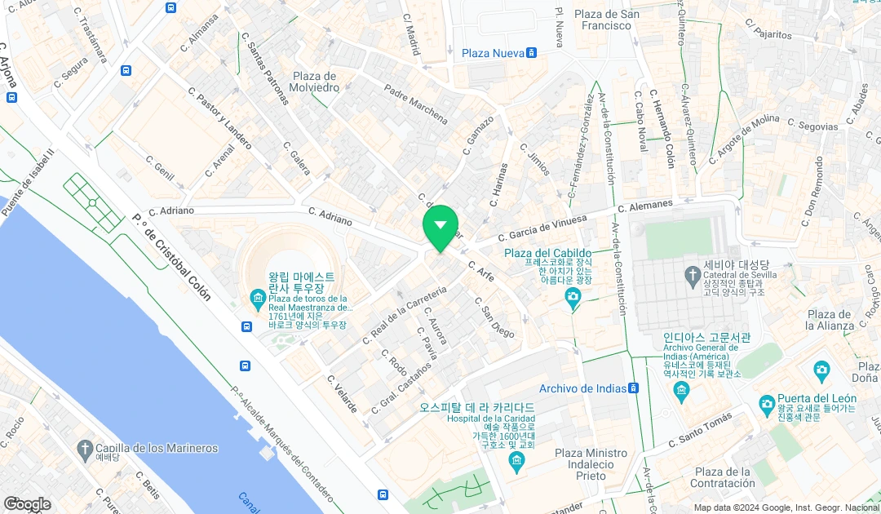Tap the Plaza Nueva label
tap(492, 53)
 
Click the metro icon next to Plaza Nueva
tap(532, 53)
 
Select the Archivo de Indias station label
tap(582, 388)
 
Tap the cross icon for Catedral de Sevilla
tap(693, 273)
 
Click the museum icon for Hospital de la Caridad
tap(516, 463)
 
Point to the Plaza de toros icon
tap(259, 298)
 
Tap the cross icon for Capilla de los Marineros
tap(85, 448)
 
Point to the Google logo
tap(26, 504)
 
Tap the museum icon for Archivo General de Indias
tap(681, 393)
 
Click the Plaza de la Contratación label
tap(722, 478)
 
